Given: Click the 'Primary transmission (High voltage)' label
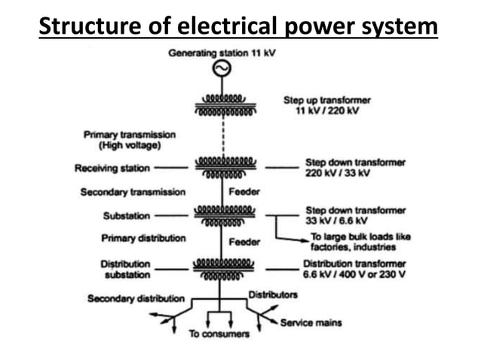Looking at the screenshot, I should (129, 140).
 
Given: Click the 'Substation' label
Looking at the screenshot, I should (126, 216).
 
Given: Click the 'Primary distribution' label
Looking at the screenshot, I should (142, 239).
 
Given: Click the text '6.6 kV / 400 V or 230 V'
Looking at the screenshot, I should (354, 274).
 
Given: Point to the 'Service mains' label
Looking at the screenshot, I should (311, 323).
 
